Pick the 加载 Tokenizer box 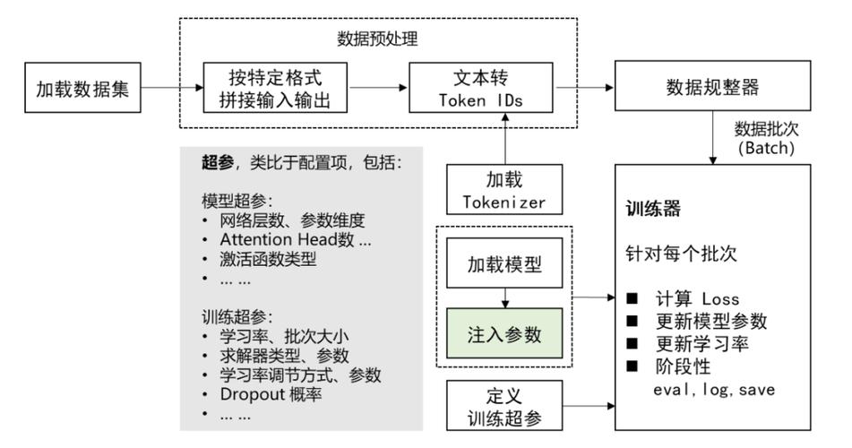pos(503,191)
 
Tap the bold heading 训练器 pos(653,211)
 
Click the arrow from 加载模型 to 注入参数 pos(503,298)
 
